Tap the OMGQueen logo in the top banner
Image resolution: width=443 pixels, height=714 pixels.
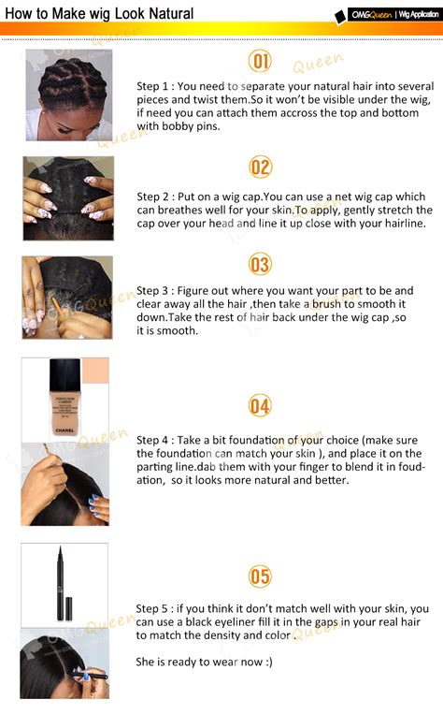[364, 14]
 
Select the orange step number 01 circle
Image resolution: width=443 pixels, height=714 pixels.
[260, 62]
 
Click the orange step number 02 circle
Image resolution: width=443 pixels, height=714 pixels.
[260, 168]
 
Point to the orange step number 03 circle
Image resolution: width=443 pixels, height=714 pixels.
[260, 265]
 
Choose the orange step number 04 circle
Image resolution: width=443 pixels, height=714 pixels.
[260, 405]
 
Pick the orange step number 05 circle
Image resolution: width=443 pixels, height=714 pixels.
[260, 576]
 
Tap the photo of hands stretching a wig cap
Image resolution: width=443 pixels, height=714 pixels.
[68, 199]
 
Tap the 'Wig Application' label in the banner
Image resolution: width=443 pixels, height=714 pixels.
[418, 14]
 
